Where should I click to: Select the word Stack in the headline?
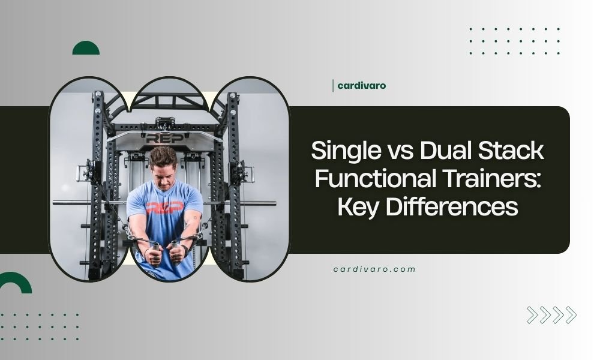514,151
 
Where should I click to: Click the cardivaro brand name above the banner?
362,85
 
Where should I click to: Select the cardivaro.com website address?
374,269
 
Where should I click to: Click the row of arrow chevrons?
551,315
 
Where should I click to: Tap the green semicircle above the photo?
86,49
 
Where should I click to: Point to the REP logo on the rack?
158,138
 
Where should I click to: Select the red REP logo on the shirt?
164,208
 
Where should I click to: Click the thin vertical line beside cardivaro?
332,85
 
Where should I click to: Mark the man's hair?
163,155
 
